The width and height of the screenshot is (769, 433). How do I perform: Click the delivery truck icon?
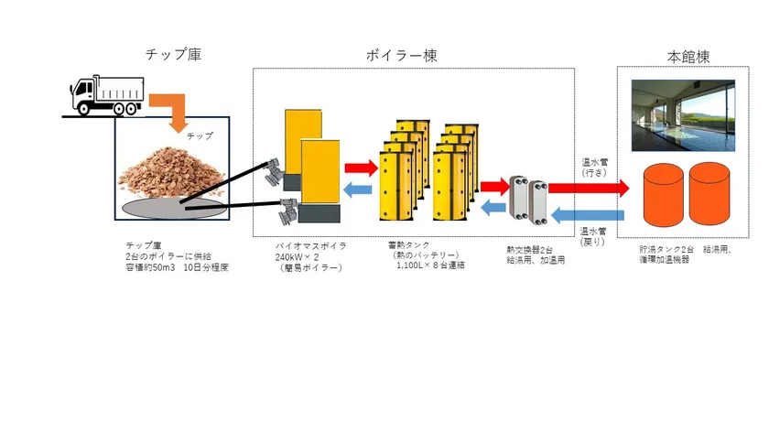click(x=107, y=95)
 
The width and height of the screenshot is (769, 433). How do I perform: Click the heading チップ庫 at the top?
click(x=173, y=54)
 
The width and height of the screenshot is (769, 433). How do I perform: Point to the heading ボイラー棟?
click(x=401, y=55)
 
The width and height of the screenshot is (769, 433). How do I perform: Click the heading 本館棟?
click(x=688, y=57)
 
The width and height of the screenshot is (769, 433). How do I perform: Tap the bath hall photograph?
click(x=683, y=115)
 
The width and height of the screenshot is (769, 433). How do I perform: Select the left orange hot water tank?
click(x=663, y=195)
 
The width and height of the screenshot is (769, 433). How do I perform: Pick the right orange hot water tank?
click(x=709, y=194)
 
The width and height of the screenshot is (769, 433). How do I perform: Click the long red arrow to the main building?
click(x=589, y=189)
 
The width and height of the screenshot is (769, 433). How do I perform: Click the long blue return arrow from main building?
click(x=588, y=215)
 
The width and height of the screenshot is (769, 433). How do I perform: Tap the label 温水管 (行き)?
click(x=594, y=168)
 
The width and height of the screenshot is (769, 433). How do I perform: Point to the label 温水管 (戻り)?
click(x=593, y=236)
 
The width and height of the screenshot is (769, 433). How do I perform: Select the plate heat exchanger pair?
click(x=528, y=199)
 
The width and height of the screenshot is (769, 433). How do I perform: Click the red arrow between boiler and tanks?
click(x=362, y=168)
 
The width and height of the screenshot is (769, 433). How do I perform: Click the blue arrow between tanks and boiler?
click(x=358, y=189)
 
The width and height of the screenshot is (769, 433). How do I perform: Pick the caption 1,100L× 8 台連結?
click(x=430, y=265)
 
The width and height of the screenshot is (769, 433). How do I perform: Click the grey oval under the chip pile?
click(x=175, y=208)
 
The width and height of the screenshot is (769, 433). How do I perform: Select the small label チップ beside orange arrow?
click(x=200, y=135)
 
